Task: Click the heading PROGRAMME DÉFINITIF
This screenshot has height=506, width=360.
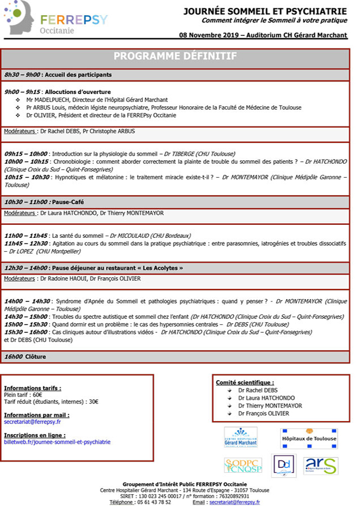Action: coord(175,56)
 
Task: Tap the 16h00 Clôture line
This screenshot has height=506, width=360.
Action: coord(25,356)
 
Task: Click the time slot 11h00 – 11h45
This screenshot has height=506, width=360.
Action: coord(26,236)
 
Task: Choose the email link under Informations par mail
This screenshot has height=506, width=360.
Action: coord(32,422)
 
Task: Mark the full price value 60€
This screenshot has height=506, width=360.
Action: coord(38,395)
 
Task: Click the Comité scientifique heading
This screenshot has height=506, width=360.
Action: coord(245,382)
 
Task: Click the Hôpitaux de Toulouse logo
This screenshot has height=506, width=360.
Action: coord(309,438)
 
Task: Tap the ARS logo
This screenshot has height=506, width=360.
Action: coord(320,466)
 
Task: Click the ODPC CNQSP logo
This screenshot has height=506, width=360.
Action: coord(243,465)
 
